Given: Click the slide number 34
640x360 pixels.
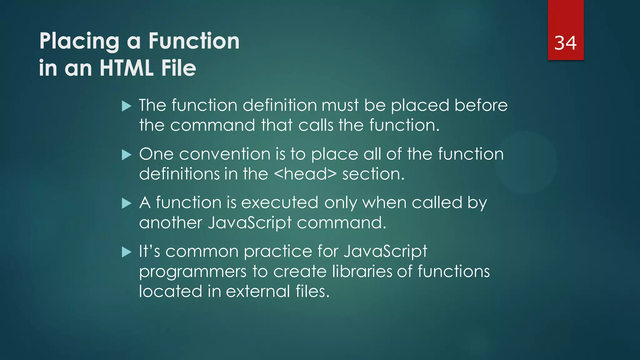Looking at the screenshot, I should click(x=565, y=43).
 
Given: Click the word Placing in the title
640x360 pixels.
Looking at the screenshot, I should click(x=79, y=41).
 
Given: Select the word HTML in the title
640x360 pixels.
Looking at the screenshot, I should click(x=126, y=68).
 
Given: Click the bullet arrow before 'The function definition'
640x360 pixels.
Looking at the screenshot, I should click(x=127, y=106).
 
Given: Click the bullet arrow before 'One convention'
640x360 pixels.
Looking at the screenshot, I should click(x=127, y=155).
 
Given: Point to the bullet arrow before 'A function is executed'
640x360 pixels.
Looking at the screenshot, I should click(x=127, y=203).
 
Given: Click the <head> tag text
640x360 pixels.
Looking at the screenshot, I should click(x=305, y=174).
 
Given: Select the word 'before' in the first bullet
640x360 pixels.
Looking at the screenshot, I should click(x=481, y=105).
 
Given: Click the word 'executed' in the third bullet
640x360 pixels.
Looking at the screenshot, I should click(x=280, y=203).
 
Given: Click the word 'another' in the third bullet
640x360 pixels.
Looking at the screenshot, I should click(x=171, y=223).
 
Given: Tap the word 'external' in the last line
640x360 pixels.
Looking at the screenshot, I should click(x=258, y=291).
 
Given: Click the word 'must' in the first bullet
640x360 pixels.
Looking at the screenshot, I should click(x=340, y=105).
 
